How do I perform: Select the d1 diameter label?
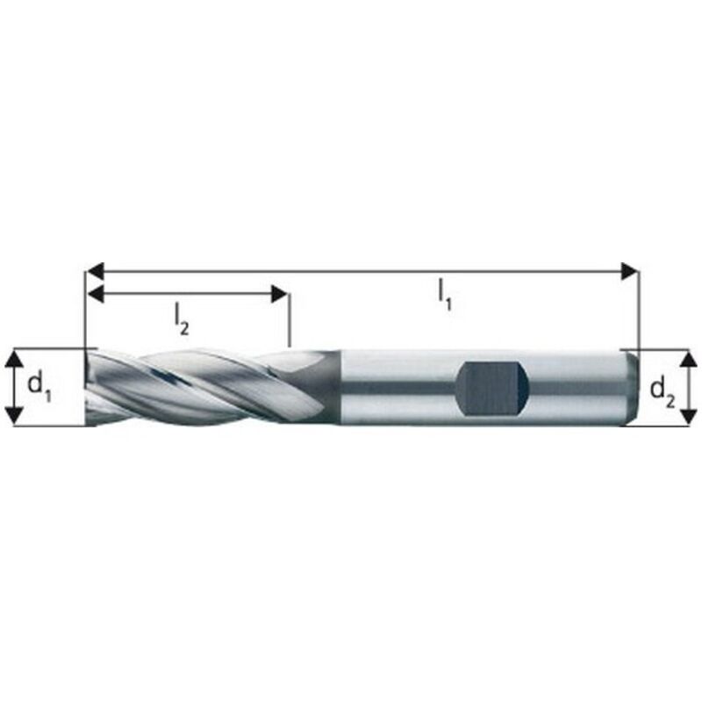point(40,385)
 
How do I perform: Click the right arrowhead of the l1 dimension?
point(628,271)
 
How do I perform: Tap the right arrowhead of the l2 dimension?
point(280,294)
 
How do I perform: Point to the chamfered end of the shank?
point(630,386)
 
